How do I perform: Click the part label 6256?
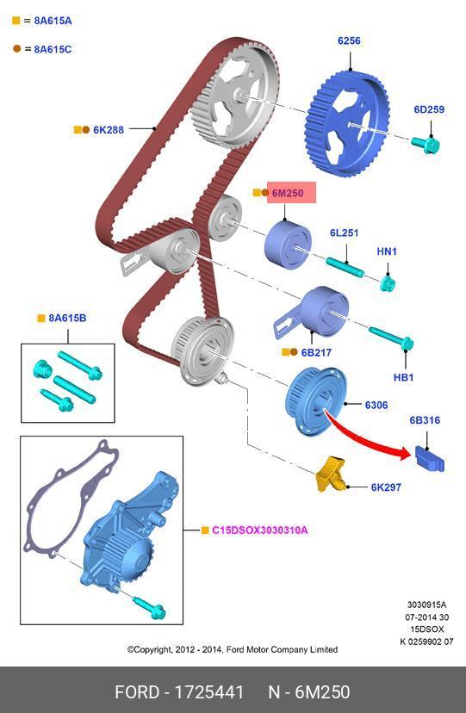(x=349, y=41)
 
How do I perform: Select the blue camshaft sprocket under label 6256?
(x=347, y=123)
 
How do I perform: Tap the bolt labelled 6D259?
(x=426, y=144)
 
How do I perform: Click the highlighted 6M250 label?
(x=288, y=193)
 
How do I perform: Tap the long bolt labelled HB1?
(x=390, y=338)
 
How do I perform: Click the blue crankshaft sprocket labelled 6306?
(x=315, y=401)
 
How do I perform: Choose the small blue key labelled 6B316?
(x=430, y=458)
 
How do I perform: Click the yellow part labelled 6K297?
(x=330, y=474)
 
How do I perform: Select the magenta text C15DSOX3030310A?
(x=259, y=530)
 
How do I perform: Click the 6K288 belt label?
(x=109, y=130)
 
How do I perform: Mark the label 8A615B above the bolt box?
(x=67, y=319)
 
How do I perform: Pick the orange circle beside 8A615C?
(x=17, y=49)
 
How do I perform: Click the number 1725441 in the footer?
(x=209, y=692)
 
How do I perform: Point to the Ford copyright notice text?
(x=233, y=649)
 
